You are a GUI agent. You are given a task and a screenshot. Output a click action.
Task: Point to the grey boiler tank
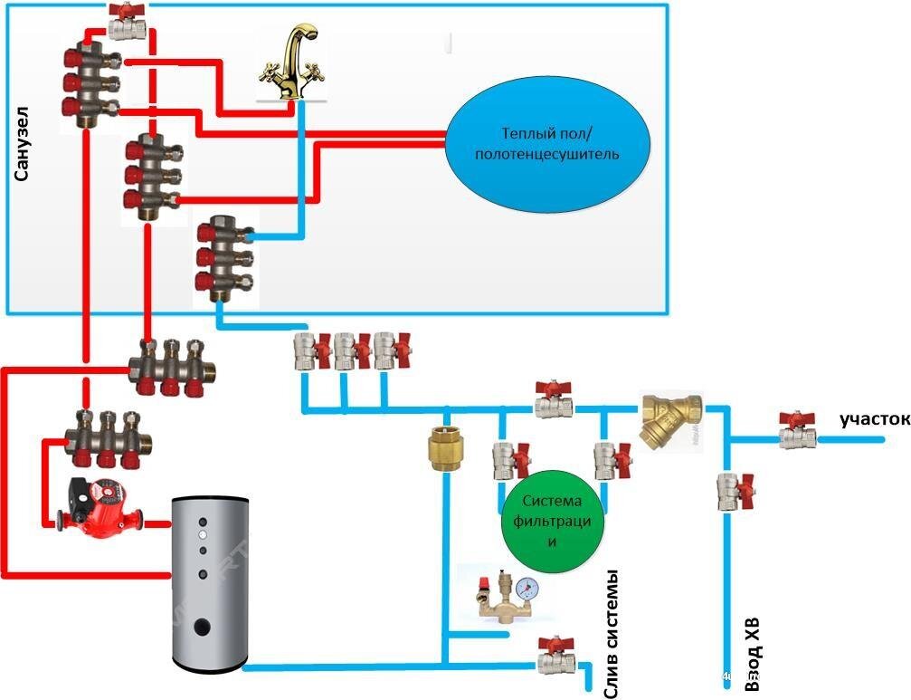(209, 580)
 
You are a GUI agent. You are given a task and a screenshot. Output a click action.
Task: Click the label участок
(872, 419)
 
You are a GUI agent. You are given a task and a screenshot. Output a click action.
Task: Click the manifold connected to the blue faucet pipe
(223, 258)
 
